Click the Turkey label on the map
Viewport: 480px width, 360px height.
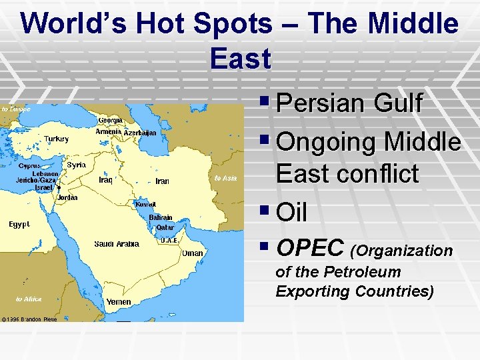[56, 139]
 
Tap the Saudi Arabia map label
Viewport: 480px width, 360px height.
[116, 244]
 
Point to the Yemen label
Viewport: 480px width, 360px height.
[119, 302]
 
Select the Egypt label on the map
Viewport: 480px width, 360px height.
[19, 225]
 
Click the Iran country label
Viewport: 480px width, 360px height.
[162, 181]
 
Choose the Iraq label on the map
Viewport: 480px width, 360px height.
[105, 179]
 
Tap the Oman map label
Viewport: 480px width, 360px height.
[193, 253]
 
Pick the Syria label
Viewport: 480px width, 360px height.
[76, 164]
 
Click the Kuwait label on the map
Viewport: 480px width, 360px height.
[145, 205]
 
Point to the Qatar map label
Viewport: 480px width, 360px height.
[165, 227]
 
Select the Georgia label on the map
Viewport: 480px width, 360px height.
[110, 120]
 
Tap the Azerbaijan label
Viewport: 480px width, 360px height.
[140, 133]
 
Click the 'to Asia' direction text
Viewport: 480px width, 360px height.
[226, 178]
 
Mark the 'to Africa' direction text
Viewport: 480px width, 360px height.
[29, 299]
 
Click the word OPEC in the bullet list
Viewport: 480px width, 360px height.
[311, 248]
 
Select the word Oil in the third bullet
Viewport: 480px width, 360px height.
[291, 213]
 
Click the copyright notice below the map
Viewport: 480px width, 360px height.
[29, 319]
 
